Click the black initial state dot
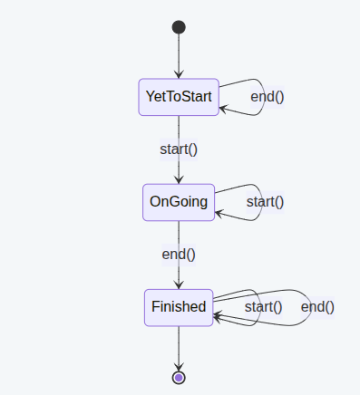179,27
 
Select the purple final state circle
179,377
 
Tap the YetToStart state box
179,96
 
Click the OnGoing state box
179,202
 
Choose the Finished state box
179,307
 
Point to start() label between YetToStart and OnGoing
179,149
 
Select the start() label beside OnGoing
265,202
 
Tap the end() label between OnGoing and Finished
179,255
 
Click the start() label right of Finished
264,307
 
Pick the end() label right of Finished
317,307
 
